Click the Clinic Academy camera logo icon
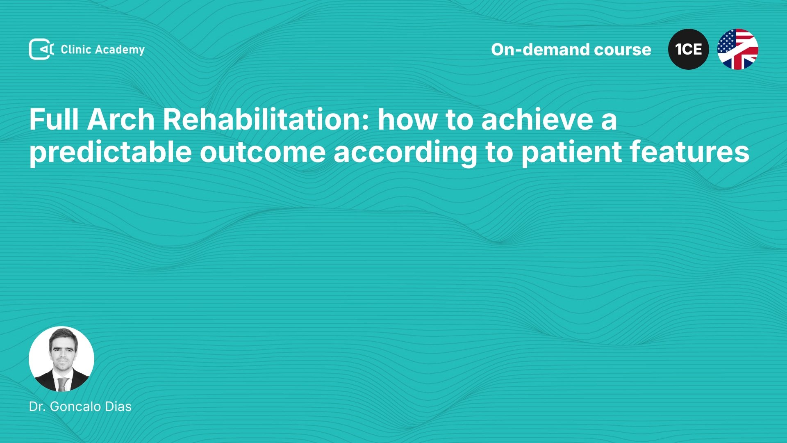click(41, 49)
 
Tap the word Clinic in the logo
click(76, 49)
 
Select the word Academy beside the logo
click(120, 50)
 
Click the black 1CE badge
click(689, 49)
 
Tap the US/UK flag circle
click(738, 49)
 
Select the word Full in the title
click(54, 119)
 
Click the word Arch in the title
click(121, 119)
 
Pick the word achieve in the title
click(537, 119)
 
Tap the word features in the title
click(689, 152)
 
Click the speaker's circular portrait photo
click(61, 359)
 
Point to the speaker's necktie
click(62, 384)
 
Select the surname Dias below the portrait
click(118, 406)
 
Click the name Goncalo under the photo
click(76, 406)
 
